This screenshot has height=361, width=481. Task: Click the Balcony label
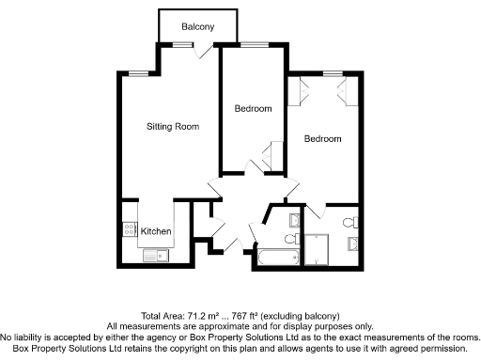pyautogui.click(x=197, y=26)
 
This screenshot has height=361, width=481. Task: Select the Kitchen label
pyautogui.click(x=155, y=231)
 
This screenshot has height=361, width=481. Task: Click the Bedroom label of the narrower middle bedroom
pyautogui.click(x=253, y=109)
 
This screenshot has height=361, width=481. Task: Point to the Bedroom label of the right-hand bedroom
pyautogui.click(x=322, y=139)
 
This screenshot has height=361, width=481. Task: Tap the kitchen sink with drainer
pyautogui.click(x=153, y=254)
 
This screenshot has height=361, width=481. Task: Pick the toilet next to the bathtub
pyautogui.click(x=292, y=221)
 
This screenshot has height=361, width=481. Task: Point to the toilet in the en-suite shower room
pyautogui.click(x=349, y=223)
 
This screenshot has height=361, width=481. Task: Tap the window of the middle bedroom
pyautogui.click(x=254, y=44)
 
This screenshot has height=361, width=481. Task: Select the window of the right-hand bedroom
pyautogui.click(x=331, y=72)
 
